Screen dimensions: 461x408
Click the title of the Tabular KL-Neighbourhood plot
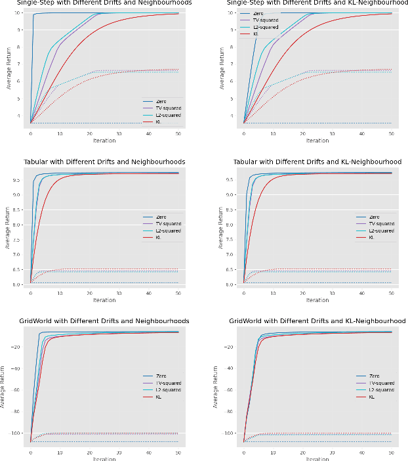pos(317,162)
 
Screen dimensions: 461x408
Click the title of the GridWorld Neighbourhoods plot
pos(104,320)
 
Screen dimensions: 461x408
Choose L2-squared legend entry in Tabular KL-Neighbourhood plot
pos(381,230)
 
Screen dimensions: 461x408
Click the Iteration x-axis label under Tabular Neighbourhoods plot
pos(104,300)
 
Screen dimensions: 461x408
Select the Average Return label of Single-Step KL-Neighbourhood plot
pos(222,69)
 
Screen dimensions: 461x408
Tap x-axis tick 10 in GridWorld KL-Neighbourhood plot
pos(273,452)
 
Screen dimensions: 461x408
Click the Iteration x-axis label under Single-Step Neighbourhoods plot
pos(104,141)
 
